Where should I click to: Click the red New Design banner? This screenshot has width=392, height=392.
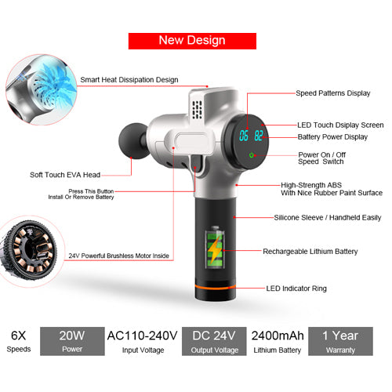point(192,41)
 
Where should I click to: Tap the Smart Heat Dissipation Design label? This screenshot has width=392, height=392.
point(129,80)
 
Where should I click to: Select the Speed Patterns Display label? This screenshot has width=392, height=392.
point(332,93)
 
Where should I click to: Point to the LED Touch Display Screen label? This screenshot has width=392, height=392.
point(339,125)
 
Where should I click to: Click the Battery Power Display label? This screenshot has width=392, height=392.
point(332,137)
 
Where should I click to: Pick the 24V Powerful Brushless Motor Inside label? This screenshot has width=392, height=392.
point(119,256)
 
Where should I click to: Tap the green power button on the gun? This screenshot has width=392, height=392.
point(252,155)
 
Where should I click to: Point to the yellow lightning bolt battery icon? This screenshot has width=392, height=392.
point(214,252)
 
